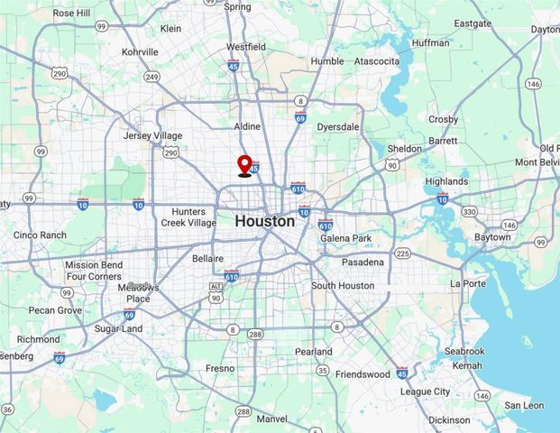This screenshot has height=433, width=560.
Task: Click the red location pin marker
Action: click(x=244, y=165)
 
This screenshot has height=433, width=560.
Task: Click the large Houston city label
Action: click(x=264, y=221)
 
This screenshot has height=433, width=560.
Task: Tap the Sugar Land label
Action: click(x=118, y=329)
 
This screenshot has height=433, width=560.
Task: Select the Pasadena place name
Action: click(x=363, y=262)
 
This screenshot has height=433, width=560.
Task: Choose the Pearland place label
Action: click(x=313, y=352)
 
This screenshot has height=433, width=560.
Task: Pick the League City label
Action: click(x=425, y=392)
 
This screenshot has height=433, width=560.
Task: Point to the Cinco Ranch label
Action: click(x=40, y=235)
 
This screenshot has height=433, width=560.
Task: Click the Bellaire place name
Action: click(x=207, y=258)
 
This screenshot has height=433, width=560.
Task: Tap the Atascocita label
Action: click(x=377, y=61)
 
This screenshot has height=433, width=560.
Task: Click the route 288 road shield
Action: click(x=254, y=334)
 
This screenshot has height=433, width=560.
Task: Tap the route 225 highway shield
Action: click(x=402, y=253)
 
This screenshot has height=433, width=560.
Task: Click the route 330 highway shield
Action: click(x=470, y=212)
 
